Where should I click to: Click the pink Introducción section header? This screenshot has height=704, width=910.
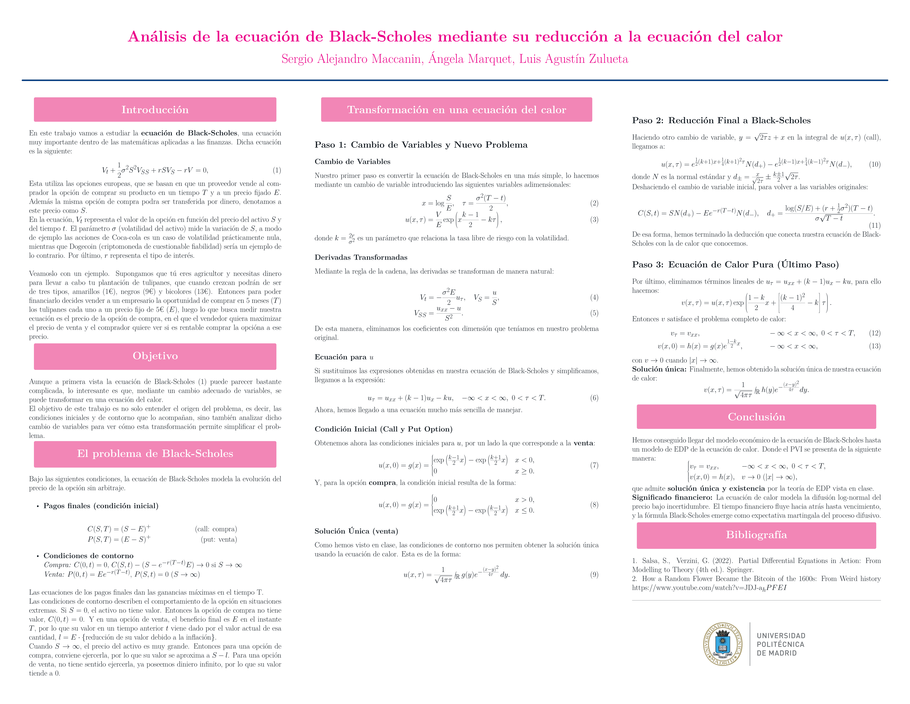[155, 110]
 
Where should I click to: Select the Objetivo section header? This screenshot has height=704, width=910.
[155, 356]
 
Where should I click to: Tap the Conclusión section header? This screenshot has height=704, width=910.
[756, 417]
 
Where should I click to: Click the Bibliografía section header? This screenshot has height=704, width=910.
[756, 535]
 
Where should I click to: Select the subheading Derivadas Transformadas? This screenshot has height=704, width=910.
[361, 257]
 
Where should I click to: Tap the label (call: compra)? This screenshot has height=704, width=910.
[216, 529]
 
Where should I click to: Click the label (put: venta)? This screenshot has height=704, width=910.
[219, 539]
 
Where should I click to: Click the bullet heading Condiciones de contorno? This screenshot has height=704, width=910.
[88, 556]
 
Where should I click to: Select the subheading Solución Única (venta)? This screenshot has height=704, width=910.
[356, 531]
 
